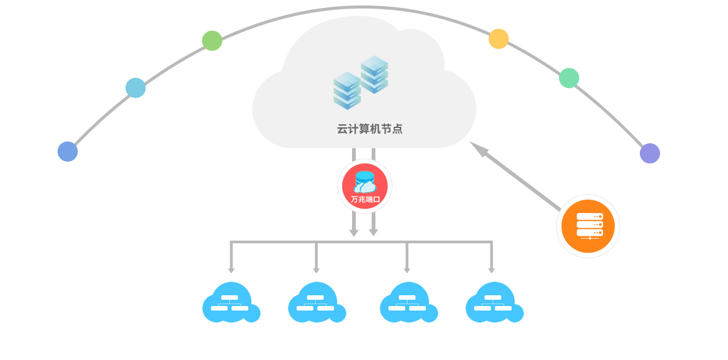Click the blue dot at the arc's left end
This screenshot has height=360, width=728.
[67, 151]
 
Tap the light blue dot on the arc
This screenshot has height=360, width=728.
[135, 88]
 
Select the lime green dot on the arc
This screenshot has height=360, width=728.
[212, 40]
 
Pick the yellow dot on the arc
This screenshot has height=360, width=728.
[498, 39]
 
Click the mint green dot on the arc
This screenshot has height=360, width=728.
[569, 78]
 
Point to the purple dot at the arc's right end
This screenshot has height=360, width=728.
[650, 153]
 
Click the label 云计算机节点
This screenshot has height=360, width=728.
[370, 129]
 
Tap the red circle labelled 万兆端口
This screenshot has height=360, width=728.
[365, 186]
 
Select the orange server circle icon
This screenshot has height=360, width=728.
[588, 226]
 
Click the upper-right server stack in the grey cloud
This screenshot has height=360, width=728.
[374, 74]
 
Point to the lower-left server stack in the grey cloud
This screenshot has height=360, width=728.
[347, 91]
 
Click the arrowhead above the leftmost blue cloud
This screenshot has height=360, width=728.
[231, 270]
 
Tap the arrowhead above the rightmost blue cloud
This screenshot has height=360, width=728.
[491, 270]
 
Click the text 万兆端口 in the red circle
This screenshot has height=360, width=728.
[365, 199]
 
